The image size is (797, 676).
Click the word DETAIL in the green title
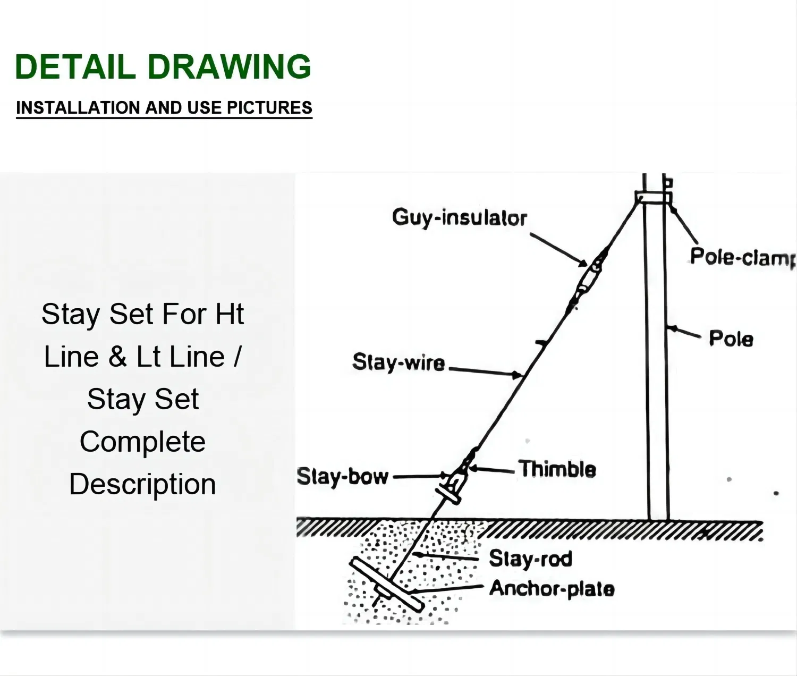click(75, 66)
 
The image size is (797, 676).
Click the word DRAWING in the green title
click(230, 66)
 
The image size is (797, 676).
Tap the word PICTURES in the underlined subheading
click(269, 107)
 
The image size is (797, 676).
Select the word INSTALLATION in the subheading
click(78, 107)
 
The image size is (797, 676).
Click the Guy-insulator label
click(459, 218)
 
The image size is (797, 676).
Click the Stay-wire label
click(398, 362)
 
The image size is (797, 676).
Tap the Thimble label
click(557, 469)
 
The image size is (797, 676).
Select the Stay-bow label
click(343, 477)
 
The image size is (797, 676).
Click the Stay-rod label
click(531, 559)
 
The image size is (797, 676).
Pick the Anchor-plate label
click(552, 589)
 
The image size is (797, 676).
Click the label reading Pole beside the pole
click(731, 339)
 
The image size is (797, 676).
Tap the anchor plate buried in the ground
click(387, 585)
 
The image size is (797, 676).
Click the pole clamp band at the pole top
click(654, 198)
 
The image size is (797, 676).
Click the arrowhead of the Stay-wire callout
click(516, 375)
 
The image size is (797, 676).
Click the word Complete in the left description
click(143, 442)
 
